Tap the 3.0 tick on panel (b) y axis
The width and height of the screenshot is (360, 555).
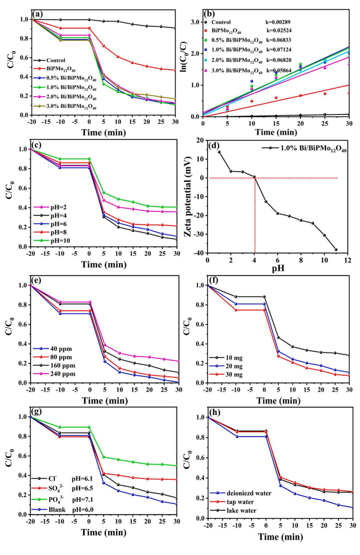(194, 22)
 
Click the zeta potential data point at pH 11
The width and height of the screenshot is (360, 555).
(336, 250)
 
